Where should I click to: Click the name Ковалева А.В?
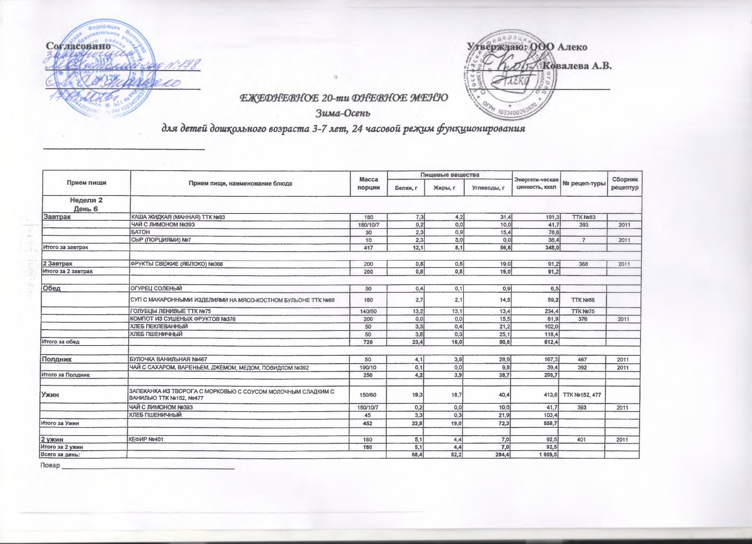[577, 66]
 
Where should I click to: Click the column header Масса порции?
[369, 183]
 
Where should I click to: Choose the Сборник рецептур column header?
[625, 183]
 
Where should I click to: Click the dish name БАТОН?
[141, 232]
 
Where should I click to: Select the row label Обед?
[51, 288]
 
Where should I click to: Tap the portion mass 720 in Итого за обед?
[369, 342]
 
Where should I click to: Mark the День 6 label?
[86, 208]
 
